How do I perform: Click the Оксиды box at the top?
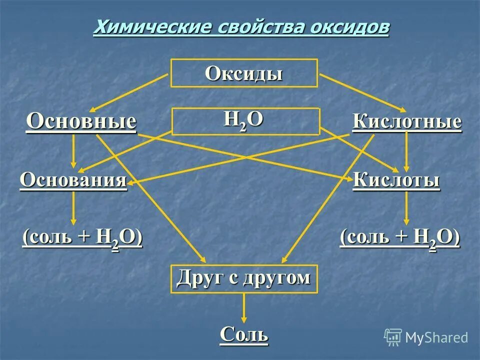[x=244, y=73]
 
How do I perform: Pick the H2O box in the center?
[x=245, y=121]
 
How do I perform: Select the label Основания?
[x=73, y=180]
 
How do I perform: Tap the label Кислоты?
[x=396, y=180]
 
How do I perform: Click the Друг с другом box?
[x=244, y=278]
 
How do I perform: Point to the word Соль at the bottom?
[x=244, y=333]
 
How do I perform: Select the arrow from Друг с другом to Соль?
[x=244, y=307]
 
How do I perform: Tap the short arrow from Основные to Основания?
[x=74, y=151]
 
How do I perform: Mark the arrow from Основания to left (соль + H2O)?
[x=74, y=208]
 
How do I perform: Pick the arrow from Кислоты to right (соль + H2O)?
[x=406, y=208]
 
